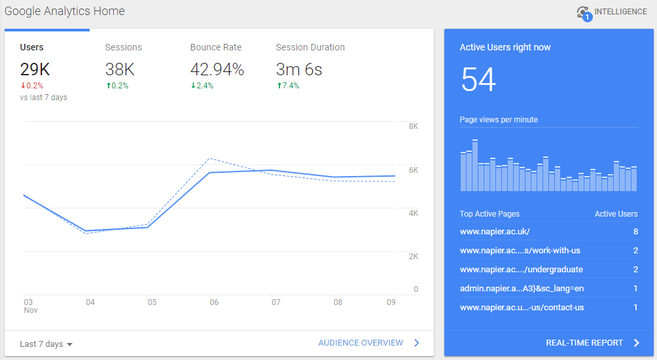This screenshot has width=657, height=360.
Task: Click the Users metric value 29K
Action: pos(35,69)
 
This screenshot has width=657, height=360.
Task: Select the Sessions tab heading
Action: pos(123,47)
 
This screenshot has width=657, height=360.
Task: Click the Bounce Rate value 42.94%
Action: pos(217,69)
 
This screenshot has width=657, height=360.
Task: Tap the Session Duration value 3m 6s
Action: pos(299,69)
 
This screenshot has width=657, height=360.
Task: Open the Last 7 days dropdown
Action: pos(46,344)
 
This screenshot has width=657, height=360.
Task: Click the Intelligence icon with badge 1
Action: pos(584,12)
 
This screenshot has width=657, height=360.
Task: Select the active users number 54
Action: pos(478,80)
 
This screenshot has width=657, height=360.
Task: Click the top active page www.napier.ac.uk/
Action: pos(495,232)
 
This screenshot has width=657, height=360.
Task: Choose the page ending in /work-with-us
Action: pos(520,251)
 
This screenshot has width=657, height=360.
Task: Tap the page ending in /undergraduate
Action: pos(521,270)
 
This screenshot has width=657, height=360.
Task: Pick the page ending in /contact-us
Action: pos(522,308)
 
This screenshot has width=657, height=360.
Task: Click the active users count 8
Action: pos(635,232)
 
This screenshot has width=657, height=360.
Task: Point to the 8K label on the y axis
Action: pos(413,126)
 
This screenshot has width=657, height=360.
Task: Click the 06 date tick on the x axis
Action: pos(214,302)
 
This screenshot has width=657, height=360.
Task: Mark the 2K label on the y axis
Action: pos(413,257)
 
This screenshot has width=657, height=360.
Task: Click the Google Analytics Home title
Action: pos(64,11)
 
